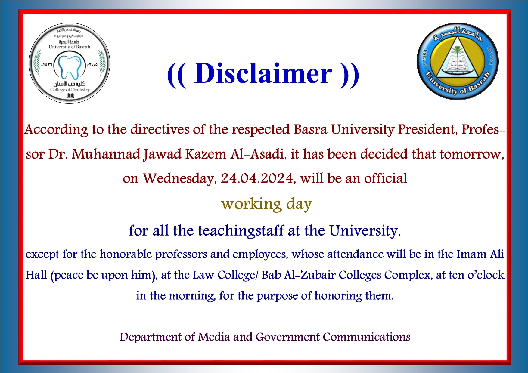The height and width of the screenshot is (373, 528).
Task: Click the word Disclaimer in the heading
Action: click(x=263, y=74)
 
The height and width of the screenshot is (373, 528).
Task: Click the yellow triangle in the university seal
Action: click(x=458, y=60)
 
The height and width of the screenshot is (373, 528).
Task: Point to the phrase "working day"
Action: click(x=266, y=204)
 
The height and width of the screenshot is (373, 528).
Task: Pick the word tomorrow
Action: click(x=471, y=154)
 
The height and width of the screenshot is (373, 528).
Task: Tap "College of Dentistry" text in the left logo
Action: click(x=70, y=90)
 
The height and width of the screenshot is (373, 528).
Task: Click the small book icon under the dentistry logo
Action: click(x=70, y=96)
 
